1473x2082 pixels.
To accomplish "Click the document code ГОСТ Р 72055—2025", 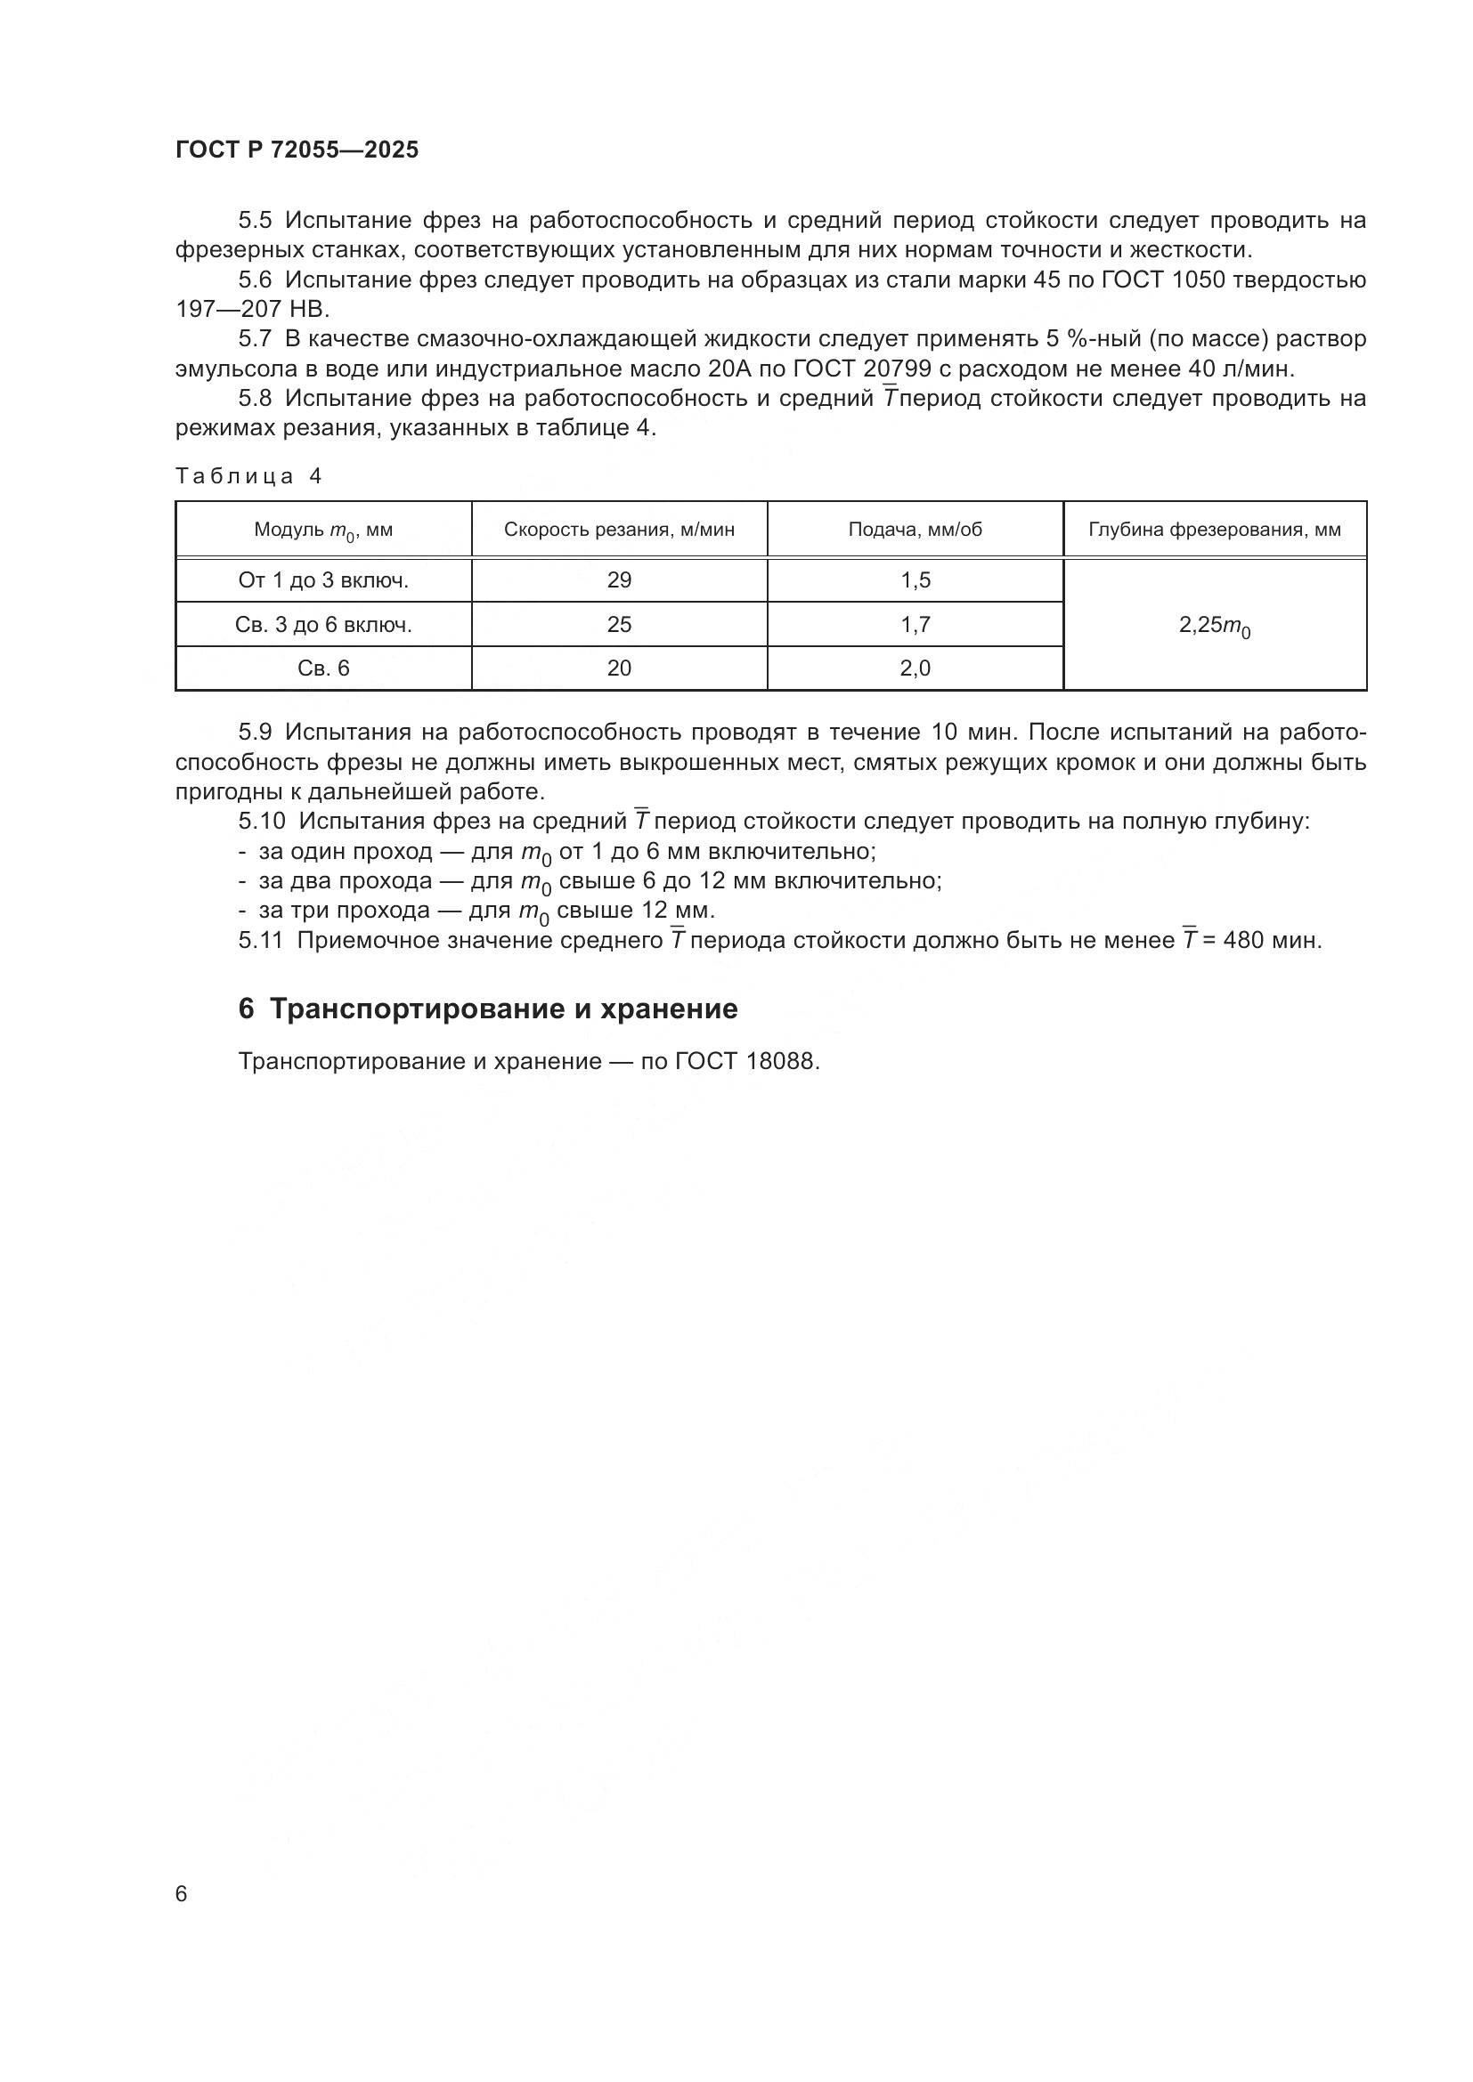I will pos(297,150).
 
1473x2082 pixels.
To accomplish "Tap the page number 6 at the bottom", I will pos(182,1893).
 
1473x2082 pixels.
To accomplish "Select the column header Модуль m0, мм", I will pos(323,530).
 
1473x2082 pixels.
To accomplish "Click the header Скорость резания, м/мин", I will pos(619,530).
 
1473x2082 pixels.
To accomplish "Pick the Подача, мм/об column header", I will pos(915,530).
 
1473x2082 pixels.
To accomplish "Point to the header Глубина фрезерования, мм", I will pos(1214,530).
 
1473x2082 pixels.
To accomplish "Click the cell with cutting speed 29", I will pos(619,580).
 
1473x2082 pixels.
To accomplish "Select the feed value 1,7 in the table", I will pos(915,625).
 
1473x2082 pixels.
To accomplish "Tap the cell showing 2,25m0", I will pos(1214,626).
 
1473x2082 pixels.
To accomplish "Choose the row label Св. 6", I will pos(323,668).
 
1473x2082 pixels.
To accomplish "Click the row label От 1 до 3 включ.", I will pos(323,580).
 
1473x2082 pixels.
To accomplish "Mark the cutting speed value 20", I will pos(619,668).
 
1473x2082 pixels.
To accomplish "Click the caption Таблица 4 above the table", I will pos(248,477).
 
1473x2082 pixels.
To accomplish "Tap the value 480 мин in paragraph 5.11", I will pos(1272,941).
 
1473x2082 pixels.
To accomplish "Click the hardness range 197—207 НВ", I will pos(253,309).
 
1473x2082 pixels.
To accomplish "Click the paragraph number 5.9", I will pos(255,733).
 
